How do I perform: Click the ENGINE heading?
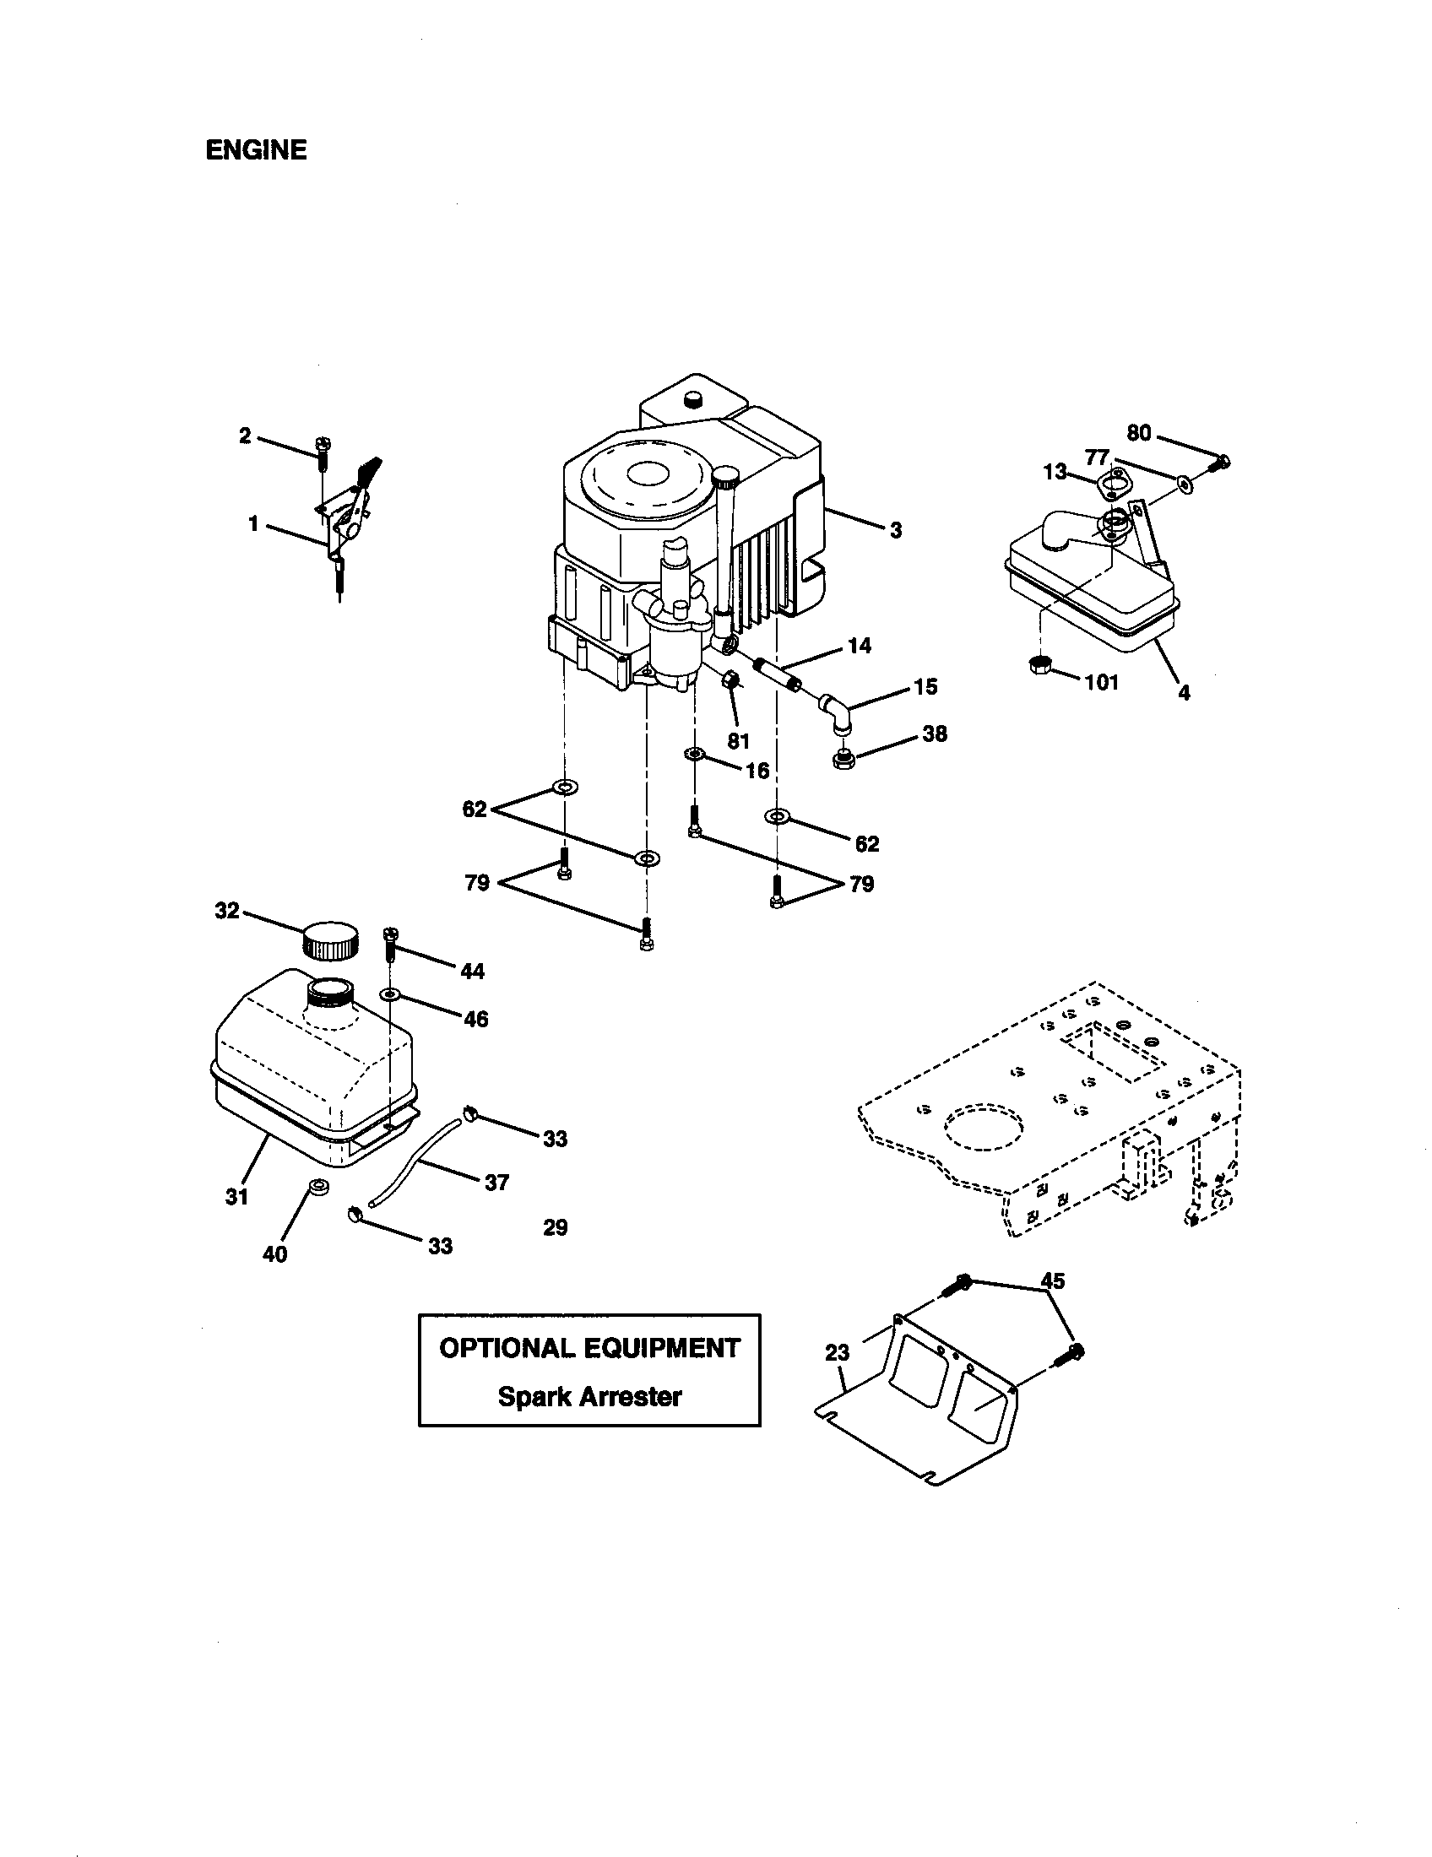click(x=256, y=150)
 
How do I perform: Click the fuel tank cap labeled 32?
click(x=330, y=939)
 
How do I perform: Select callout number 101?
click(x=1101, y=683)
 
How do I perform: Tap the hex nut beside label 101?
click(x=1038, y=665)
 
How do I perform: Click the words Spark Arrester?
click(x=589, y=1397)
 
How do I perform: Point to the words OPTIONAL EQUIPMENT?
click(x=589, y=1349)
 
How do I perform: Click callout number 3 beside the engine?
click(x=896, y=531)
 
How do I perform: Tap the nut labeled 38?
click(x=844, y=755)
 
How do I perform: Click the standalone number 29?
click(x=556, y=1227)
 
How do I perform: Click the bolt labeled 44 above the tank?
click(x=392, y=943)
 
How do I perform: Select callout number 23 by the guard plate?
click(x=838, y=1352)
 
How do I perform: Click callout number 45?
click(x=1053, y=1280)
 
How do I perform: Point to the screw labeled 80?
click(x=1222, y=463)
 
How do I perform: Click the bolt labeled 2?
click(x=323, y=452)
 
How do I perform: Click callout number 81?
click(x=738, y=740)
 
